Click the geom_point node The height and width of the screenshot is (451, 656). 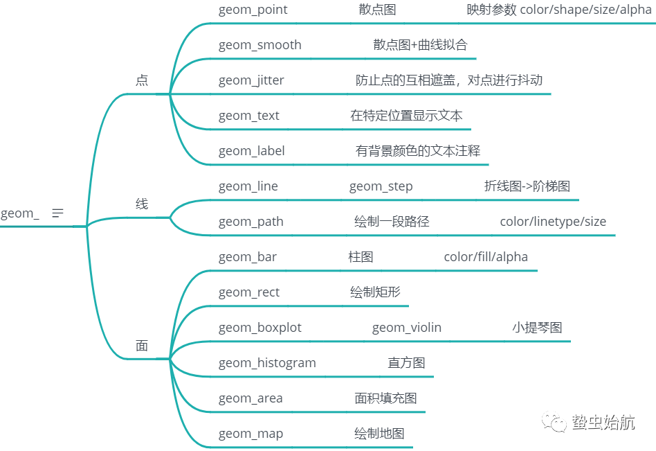(253, 10)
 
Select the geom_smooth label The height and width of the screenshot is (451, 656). (259, 45)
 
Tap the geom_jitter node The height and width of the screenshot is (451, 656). (251, 80)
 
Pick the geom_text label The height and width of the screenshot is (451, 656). (248, 116)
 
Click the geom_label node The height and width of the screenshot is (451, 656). (251, 151)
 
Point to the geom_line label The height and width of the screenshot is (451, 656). (248, 186)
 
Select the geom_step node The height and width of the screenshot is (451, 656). (381, 186)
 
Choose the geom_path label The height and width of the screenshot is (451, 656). (250, 222)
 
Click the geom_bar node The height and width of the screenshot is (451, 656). (247, 257)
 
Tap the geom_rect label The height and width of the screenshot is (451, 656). (249, 292)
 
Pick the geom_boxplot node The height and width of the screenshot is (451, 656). (259, 328)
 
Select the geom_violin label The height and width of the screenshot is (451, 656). (406, 328)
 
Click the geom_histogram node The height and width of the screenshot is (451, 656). (267, 363)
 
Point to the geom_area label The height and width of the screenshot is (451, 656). (250, 398)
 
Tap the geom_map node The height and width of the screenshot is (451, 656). (250, 434)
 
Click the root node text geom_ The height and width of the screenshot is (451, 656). (19, 213)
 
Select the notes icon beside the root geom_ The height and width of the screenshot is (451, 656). (57, 213)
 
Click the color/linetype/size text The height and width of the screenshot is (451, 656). (553, 222)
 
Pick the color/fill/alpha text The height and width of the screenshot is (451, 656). (486, 257)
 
